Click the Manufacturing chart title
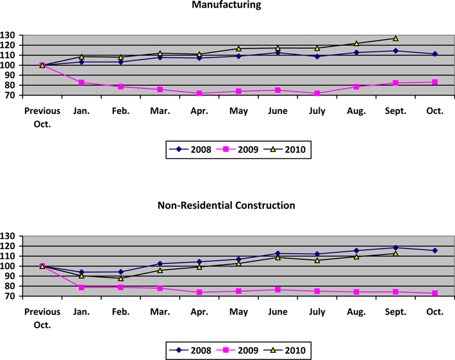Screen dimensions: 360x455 pos(227,5)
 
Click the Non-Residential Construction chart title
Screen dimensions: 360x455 pos(227,206)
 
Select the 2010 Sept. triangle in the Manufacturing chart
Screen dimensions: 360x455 pos(395,38)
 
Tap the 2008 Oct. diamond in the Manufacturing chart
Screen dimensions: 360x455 pos(434,54)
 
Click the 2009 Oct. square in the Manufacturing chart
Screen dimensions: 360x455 pos(434,82)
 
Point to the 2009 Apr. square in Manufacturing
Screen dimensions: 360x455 pos(199,93)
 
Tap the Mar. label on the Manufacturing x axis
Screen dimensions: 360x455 pos(160,111)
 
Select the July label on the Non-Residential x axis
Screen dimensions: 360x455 pos(317,311)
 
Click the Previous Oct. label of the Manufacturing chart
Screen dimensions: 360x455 pos(42,116)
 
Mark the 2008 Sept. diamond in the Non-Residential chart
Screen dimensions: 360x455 pos(395,247)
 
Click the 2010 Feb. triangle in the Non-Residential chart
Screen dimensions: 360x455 pos(120,278)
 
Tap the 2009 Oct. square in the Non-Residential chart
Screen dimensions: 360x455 pos(434,293)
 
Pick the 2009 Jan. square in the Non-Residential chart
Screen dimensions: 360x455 pos(81,287)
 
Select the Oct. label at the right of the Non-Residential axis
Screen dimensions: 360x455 pos(434,311)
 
